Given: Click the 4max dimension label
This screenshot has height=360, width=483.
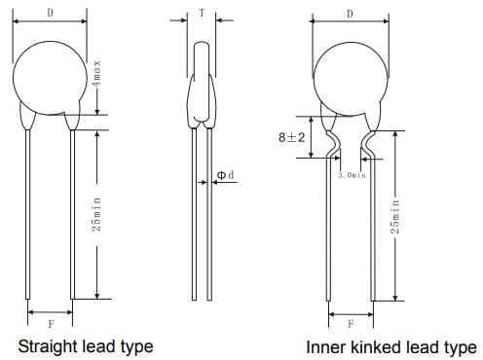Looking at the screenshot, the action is point(96,73).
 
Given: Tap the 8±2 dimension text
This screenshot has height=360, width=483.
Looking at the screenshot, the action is point(292,137).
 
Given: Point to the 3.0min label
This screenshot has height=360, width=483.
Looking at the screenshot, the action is point(352,175).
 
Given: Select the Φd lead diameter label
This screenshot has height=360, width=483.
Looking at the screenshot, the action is point(225,175).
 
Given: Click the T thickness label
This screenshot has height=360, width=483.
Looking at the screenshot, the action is point(202,13).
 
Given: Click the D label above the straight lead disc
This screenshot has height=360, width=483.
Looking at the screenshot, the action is point(50,13).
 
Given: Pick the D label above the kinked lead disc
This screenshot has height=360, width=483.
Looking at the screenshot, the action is point(350,14).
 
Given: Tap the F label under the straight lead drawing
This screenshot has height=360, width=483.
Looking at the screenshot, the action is point(51,324).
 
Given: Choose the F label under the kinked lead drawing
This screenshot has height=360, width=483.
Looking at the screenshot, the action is point(351,324).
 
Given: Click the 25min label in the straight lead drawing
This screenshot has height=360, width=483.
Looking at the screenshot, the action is point(96,214).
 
